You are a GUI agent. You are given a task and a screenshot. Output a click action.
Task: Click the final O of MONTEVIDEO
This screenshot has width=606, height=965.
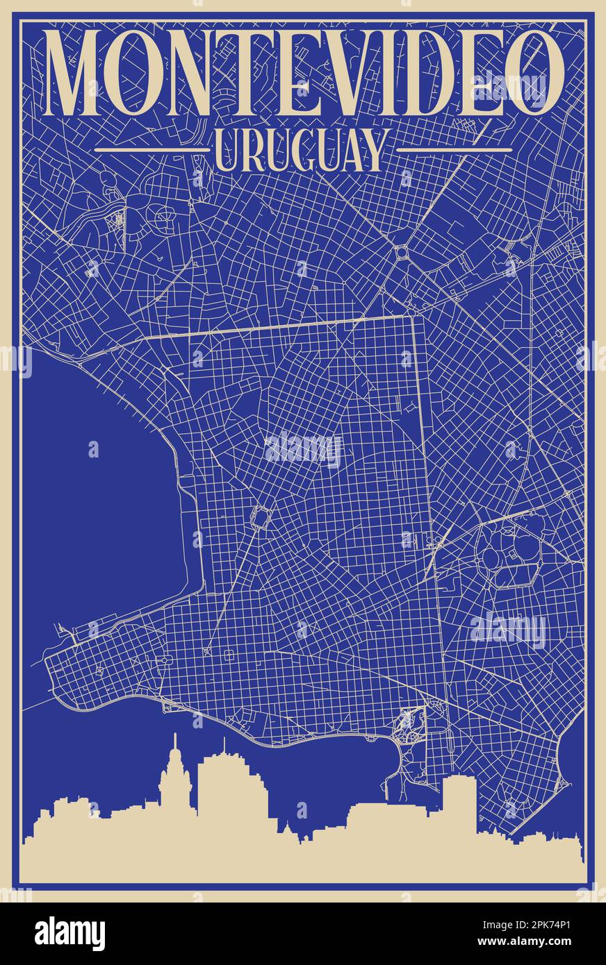(534, 72)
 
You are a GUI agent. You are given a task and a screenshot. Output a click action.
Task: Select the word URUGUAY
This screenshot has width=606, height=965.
(300, 151)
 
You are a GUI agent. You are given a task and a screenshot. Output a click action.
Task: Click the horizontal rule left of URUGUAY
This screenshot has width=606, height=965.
(151, 149)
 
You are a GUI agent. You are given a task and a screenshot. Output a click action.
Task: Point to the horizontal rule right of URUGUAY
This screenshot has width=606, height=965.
(453, 149)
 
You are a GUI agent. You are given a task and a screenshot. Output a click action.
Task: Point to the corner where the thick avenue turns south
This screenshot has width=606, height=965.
(415, 318)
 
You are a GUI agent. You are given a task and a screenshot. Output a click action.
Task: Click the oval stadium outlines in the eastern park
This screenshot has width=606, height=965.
(510, 555)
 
